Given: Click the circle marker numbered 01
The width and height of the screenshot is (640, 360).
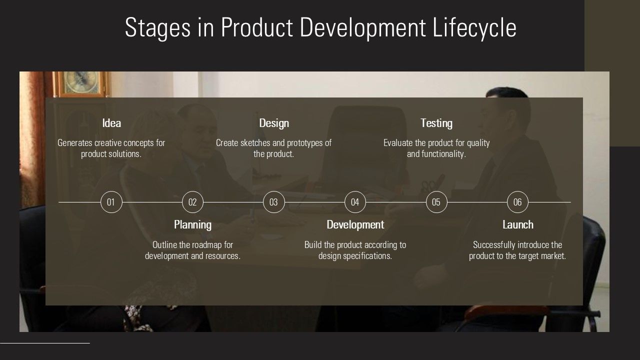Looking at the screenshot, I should [111, 202].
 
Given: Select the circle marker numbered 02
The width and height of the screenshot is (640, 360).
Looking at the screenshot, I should [192, 202].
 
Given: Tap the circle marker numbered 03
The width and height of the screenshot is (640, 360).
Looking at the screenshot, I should [273, 202].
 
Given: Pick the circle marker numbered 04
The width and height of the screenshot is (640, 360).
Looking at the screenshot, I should [355, 202].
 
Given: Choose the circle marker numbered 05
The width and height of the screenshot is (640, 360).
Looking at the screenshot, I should [436, 202].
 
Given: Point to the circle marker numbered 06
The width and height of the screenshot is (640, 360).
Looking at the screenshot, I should [517, 202].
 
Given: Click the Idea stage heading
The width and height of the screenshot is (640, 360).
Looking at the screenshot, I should [111, 123].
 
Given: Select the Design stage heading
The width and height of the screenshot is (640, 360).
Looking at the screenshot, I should [274, 123].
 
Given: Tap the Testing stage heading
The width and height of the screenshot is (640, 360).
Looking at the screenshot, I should [436, 123].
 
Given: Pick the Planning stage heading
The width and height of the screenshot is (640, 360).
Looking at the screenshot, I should [192, 224].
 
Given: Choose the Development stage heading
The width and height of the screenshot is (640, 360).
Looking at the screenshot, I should [355, 224].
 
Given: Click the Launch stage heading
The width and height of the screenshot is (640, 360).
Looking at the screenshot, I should [518, 224].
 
